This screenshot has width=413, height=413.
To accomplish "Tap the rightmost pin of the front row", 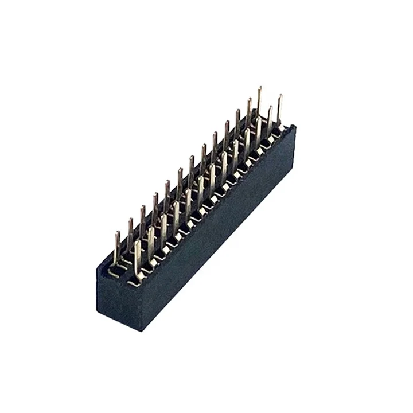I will click(279, 109).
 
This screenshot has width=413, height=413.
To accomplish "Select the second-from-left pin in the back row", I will click(130, 232).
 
